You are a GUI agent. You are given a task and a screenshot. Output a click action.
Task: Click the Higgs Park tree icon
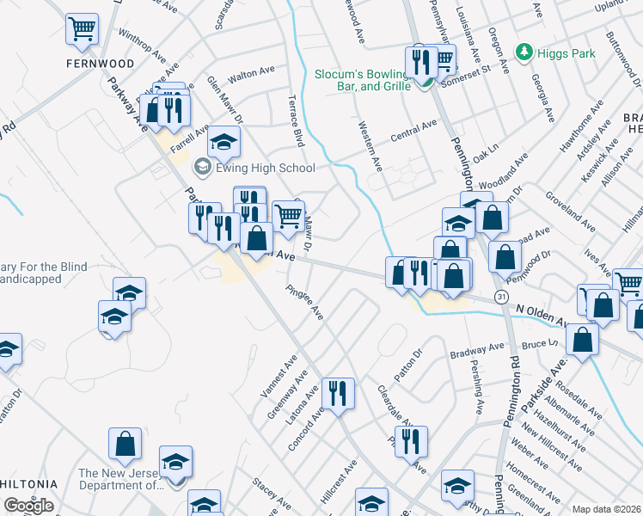[524, 53]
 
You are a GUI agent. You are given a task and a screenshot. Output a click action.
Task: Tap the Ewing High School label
[265, 168]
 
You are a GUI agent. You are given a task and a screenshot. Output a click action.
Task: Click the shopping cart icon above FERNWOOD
[83, 30]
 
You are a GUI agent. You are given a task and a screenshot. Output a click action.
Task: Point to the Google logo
[28, 506]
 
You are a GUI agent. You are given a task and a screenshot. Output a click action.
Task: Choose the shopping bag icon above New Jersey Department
[125, 445]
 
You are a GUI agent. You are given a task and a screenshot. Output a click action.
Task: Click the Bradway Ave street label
[478, 348]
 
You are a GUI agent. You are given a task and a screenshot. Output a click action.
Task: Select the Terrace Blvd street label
[296, 121]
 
